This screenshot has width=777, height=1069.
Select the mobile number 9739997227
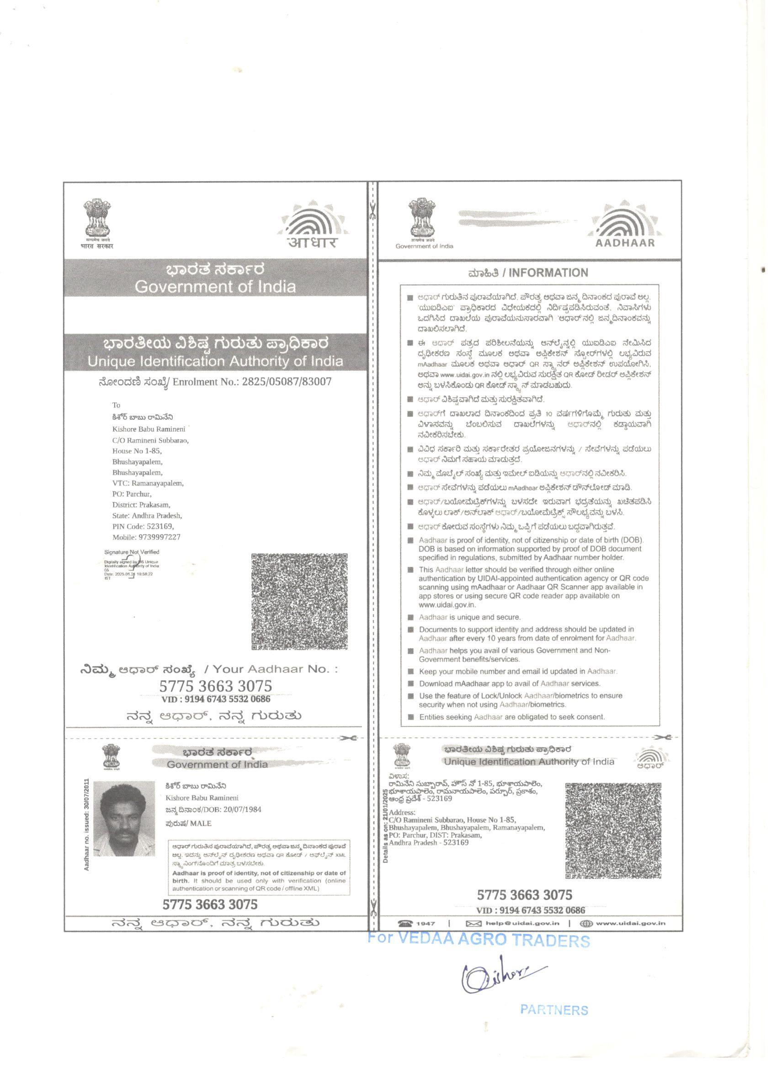click(146, 537)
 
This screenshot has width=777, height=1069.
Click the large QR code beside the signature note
click(300, 601)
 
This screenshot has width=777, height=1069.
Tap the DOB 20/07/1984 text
click(213, 810)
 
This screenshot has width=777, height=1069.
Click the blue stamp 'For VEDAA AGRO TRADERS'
click(478, 938)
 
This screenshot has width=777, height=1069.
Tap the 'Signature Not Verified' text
click(132, 552)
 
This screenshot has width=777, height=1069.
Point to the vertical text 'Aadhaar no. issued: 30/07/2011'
click(86, 824)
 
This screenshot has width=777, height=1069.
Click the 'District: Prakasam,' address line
click(141, 505)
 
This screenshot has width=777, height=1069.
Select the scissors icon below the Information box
click(665, 737)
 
